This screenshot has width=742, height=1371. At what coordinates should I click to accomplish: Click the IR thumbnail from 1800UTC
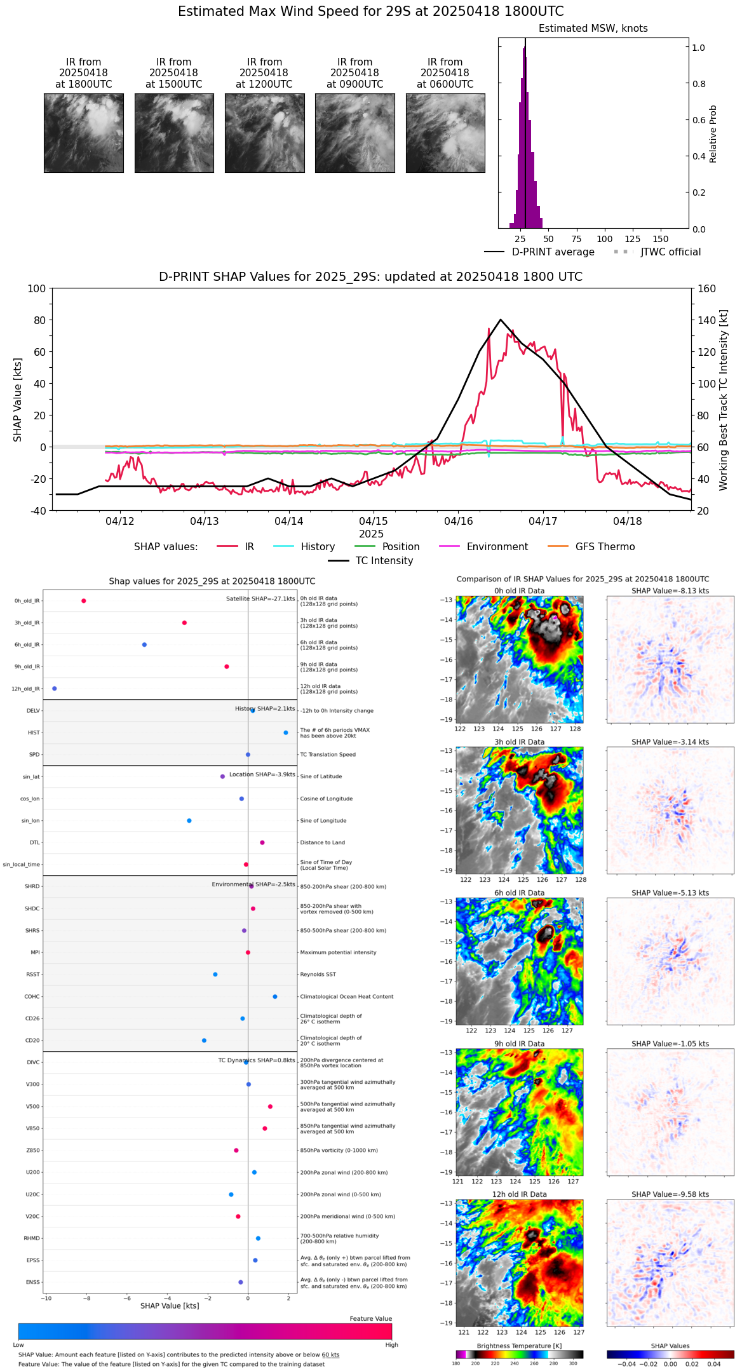point(84,133)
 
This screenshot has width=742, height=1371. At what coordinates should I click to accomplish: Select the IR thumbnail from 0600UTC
point(445,133)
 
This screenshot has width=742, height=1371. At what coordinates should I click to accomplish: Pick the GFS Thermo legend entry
point(605,546)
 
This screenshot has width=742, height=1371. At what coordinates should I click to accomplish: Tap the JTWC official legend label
point(670,252)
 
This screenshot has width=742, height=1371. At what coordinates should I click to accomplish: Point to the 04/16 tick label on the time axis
point(458,521)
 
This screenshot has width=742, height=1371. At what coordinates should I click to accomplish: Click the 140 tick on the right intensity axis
point(707,320)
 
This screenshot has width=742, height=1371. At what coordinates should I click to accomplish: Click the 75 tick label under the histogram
point(576,239)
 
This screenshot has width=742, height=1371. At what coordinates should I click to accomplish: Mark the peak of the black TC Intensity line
point(501,320)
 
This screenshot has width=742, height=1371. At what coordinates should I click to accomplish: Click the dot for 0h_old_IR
point(83,600)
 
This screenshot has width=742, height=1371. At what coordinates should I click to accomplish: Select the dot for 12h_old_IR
point(54,688)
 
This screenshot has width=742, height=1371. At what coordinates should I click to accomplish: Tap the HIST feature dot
point(285,733)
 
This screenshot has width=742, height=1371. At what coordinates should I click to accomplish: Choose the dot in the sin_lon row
point(189,820)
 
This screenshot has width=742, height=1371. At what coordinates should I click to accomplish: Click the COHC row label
point(32,996)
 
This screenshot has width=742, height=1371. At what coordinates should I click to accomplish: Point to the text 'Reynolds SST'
point(318,974)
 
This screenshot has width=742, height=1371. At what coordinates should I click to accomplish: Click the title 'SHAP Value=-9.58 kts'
point(670,1194)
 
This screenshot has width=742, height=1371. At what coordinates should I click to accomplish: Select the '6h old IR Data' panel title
point(519,893)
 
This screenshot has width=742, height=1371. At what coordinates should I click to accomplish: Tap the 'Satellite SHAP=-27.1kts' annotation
point(260,598)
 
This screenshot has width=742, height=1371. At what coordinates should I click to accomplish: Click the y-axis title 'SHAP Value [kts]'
point(18,400)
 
